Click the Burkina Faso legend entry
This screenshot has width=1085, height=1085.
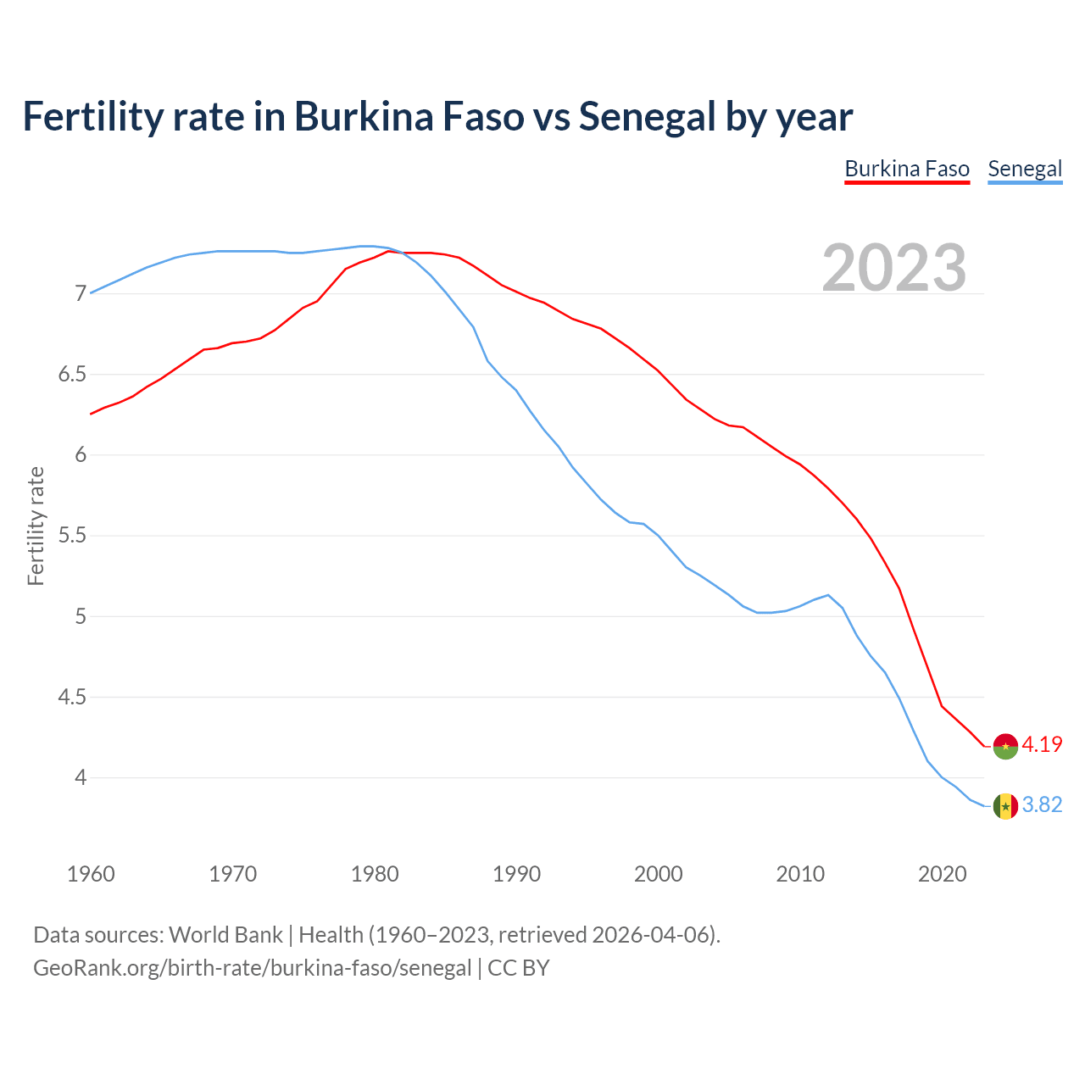(x=906, y=169)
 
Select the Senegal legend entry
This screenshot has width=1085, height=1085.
(x=1025, y=169)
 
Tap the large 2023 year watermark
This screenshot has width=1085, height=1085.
(x=894, y=268)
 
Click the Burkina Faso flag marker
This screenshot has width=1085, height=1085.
(x=1005, y=746)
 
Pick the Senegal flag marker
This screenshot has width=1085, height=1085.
(x=1005, y=806)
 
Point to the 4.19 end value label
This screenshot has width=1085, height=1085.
(x=1042, y=745)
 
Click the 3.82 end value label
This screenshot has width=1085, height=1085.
(x=1042, y=805)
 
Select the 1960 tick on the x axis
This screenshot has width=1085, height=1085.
(x=91, y=874)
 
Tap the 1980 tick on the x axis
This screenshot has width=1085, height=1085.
(x=375, y=874)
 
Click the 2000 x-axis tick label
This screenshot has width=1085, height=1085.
(x=659, y=874)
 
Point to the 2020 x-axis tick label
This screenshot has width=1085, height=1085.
(x=942, y=874)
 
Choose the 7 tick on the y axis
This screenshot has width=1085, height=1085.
(x=81, y=294)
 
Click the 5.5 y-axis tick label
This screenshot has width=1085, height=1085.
(x=72, y=536)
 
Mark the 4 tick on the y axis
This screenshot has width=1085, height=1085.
(x=81, y=777)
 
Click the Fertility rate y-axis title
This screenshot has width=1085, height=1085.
(x=36, y=526)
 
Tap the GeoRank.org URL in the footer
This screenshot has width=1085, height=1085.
(x=252, y=968)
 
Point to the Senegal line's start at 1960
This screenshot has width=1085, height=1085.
(x=91, y=292)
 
